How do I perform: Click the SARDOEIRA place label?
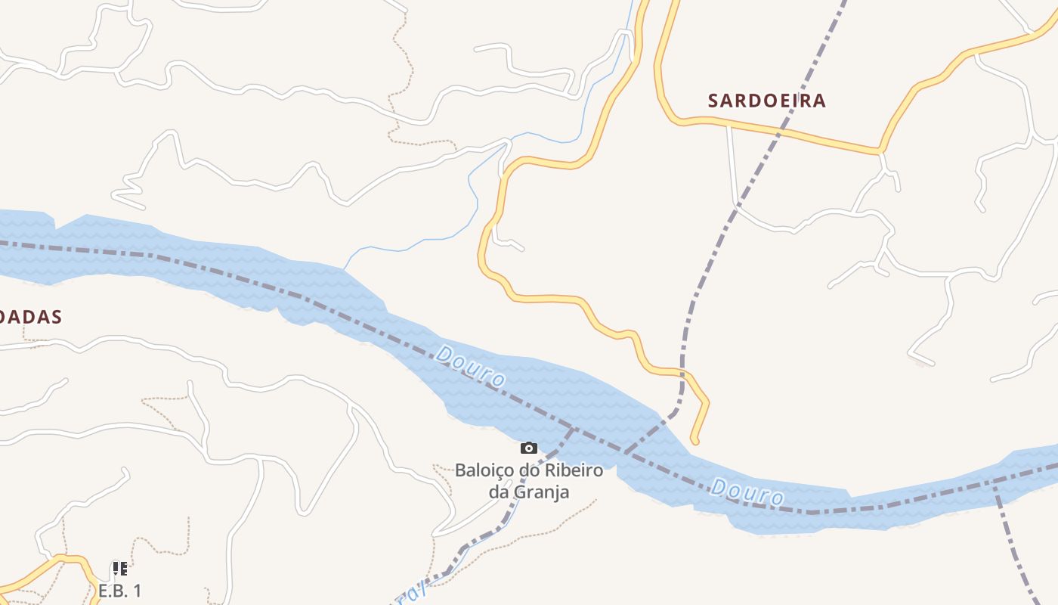pos(766,101)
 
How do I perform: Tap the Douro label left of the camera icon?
pos(471,366)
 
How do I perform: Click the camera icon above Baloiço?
pos(529,448)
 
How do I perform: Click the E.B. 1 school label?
pos(119,591)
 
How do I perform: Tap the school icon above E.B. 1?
pos(119,569)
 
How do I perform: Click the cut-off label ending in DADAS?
pos(30,317)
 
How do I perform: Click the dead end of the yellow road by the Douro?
pos(695,441)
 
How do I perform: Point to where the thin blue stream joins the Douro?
pos(344,268)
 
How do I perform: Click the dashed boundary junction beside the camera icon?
pos(572,430)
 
